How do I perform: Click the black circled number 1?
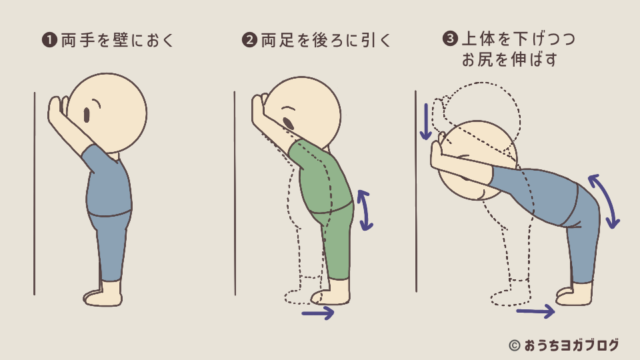click(x=49, y=40)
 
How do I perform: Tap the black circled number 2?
click(x=249, y=40)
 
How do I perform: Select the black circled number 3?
click(x=450, y=39)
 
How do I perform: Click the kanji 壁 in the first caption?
click(x=121, y=40)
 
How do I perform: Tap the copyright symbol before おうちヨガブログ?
click(x=515, y=346)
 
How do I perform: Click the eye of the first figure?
click(x=87, y=115)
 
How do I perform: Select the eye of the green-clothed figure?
click(x=288, y=123)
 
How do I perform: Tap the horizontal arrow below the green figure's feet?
click(x=318, y=313)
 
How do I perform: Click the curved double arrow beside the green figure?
click(x=365, y=210)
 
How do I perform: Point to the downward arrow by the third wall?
click(x=426, y=121)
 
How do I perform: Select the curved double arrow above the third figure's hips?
click(x=605, y=201)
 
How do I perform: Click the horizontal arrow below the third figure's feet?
click(x=535, y=312)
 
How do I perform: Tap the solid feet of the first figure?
click(x=103, y=295)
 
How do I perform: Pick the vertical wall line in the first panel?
click(x=35, y=193)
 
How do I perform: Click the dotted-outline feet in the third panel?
click(x=511, y=294)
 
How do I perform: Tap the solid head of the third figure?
click(x=477, y=160)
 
